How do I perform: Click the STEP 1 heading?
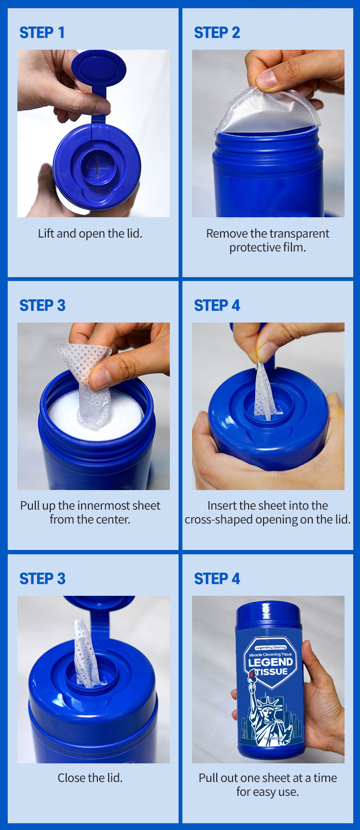tap(42, 33)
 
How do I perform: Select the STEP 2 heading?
tap(217, 33)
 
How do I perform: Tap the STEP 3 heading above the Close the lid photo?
tap(42, 578)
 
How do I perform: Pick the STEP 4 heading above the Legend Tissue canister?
tap(217, 578)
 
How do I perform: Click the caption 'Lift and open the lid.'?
tap(90, 234)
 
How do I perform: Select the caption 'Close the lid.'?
tap(90, 778)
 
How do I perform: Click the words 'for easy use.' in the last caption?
tap(267, 792)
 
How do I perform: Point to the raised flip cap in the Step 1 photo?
tap(98, 70)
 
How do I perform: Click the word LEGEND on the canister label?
tap(270, 662)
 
